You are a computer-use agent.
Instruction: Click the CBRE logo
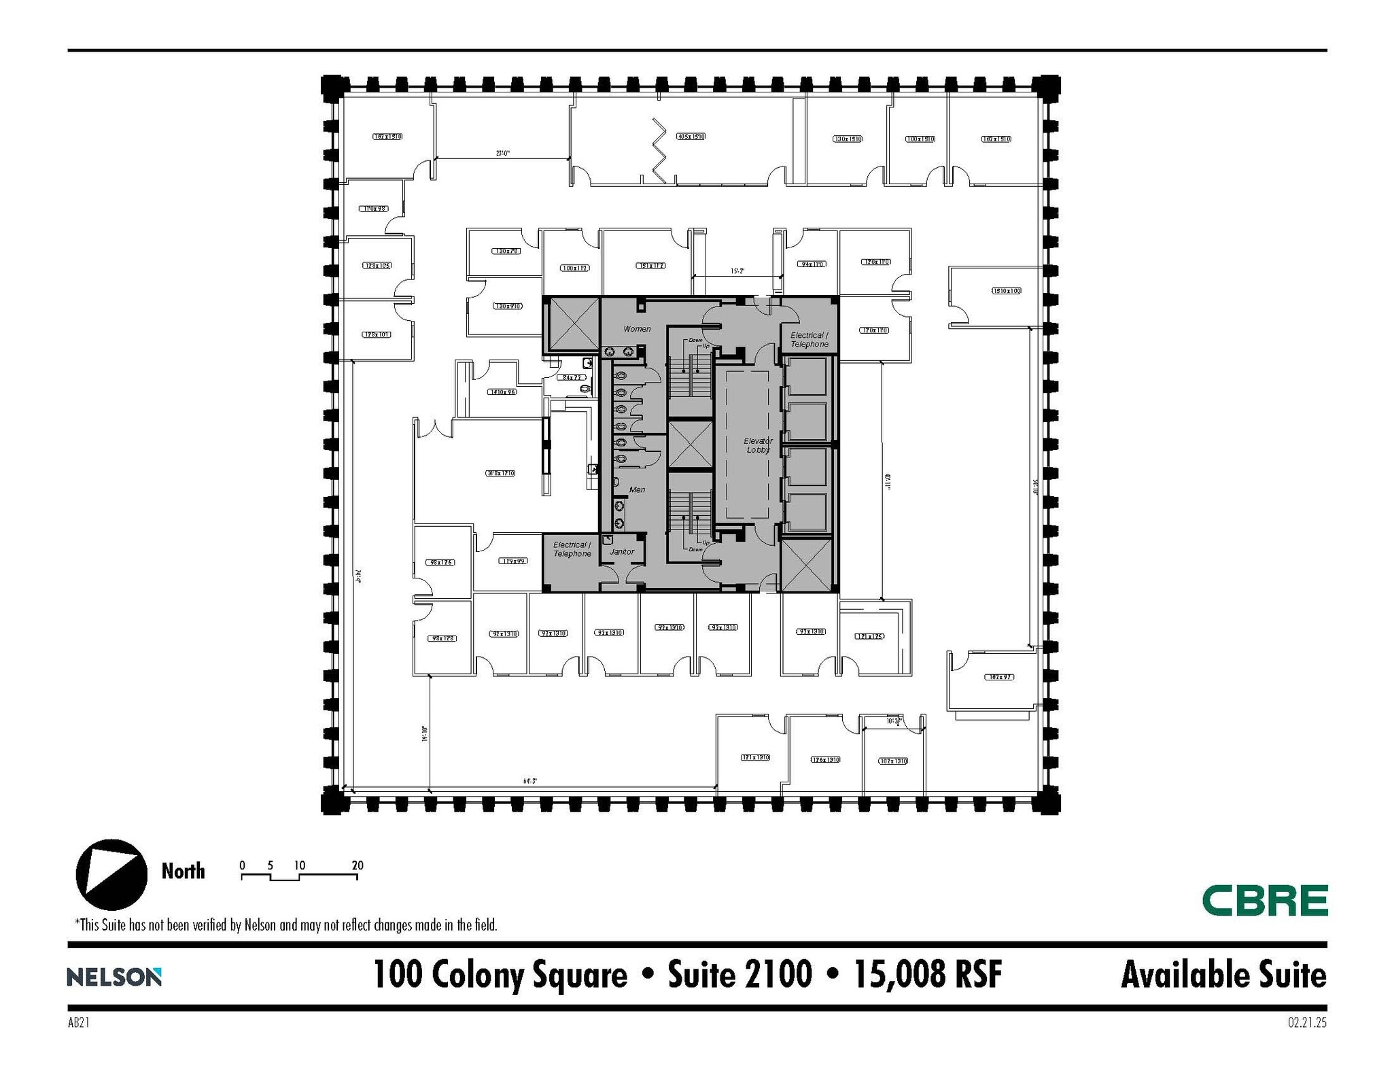pos(1264,900)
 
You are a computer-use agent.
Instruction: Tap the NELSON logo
pos(114,977)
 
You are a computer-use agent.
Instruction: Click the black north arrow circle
pos(111,875)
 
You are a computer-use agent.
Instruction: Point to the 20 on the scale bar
pos(358,865)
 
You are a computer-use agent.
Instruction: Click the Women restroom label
pos(637,329)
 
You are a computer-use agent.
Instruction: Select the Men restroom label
pos(637,489)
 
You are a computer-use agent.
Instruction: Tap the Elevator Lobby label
pos(758,445)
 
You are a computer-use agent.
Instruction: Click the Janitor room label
pos(621,551)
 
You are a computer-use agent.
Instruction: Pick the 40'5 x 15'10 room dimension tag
pos(691,137)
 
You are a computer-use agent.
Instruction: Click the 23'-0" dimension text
pos(502,154)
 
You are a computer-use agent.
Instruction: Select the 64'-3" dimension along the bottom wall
pos(530,781)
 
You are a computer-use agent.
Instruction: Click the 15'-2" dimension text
pos(737,271)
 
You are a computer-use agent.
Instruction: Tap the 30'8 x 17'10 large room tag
pos(500,473)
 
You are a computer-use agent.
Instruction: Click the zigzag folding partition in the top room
pos(659,150)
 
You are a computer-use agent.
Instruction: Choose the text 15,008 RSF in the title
pos(928,975)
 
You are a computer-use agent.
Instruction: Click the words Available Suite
pos(1223,975)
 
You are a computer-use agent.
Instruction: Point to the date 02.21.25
pos(1306,1022)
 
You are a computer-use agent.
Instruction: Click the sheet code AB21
pos(79,1022)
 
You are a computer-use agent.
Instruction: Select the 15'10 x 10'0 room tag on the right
pos(1006,291)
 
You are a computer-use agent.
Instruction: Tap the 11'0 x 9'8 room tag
pos(374,209)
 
